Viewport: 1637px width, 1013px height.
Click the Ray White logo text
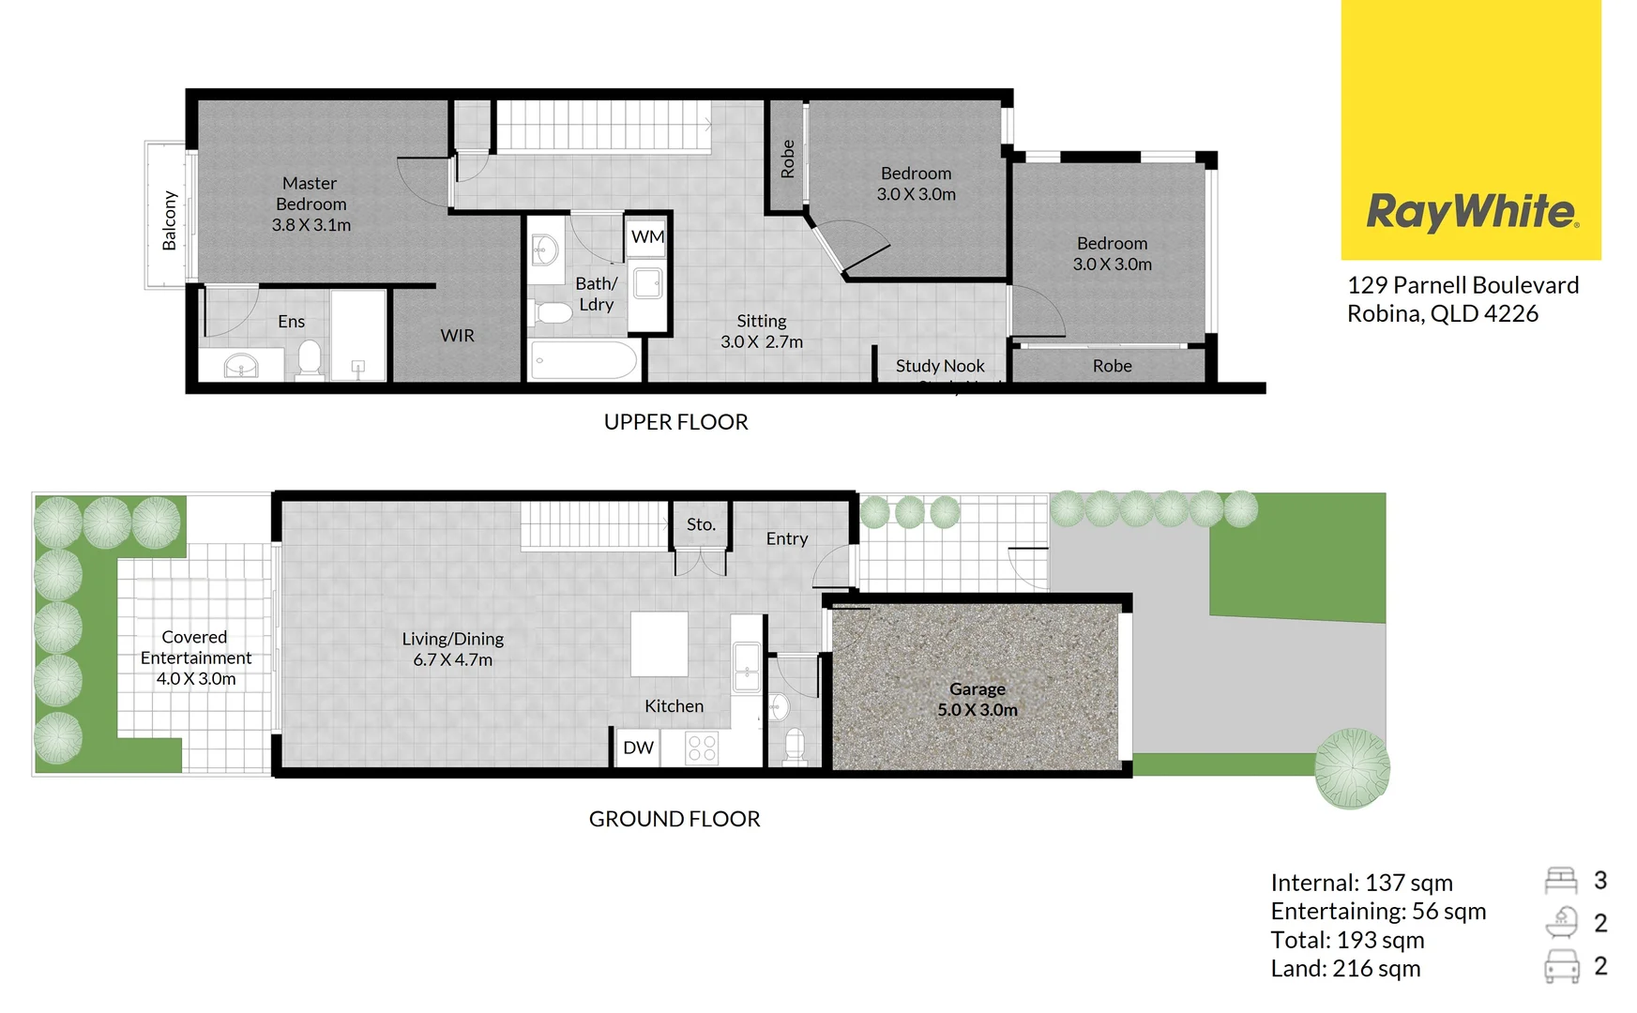1471,212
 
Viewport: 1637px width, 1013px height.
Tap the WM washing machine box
647,236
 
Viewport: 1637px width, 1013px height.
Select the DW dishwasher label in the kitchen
638,748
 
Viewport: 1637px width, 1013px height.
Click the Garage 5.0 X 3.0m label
977,699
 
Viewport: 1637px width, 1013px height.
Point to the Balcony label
170,220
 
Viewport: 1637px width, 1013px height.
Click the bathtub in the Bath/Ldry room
584,360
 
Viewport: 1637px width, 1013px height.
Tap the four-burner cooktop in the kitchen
702,748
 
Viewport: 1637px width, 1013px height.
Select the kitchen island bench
659,643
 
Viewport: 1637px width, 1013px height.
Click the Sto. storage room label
701,524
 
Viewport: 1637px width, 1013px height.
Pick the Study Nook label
940,366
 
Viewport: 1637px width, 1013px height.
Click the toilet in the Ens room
310,359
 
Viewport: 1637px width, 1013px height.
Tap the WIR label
457,335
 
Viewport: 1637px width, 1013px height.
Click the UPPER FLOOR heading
675,422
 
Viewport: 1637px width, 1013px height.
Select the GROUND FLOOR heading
674,819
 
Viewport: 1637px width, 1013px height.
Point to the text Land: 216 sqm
1345,968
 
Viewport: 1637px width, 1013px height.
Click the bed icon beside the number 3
1561,880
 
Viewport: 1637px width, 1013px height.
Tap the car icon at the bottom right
1561,965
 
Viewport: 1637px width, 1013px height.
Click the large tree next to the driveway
1351,768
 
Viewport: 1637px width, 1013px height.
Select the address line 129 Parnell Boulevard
1463,285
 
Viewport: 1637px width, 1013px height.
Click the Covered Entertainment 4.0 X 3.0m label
195,658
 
